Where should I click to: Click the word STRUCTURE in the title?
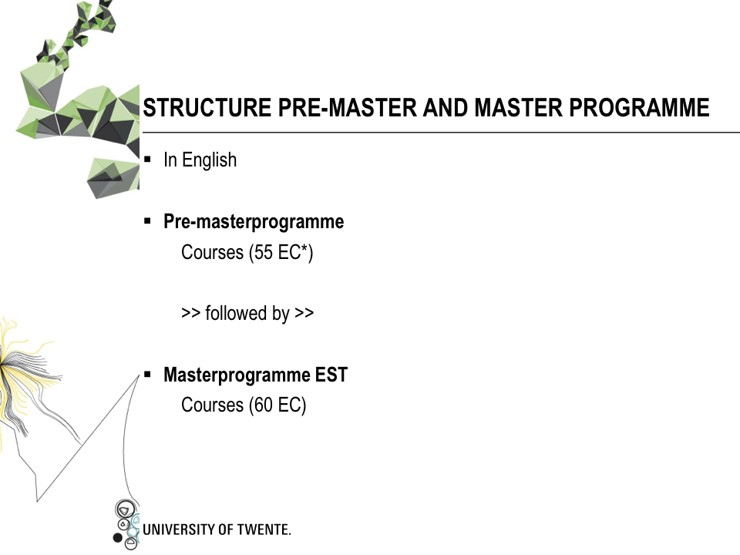click(x=207, y=108)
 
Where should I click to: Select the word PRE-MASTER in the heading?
click(x=348, y=108)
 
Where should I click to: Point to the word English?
click(x=210, y=160)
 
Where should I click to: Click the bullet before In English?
click(x=148, y=159)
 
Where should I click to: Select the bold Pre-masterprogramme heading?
click(x=254, y=222)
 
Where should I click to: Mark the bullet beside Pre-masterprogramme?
click(x=148, y=220)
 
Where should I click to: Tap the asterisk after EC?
click(x=305, y=247)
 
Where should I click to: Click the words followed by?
click(x=247, y=314)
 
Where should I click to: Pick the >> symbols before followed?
click(x=190, y=313)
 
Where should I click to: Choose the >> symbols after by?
click(x=304, y=313)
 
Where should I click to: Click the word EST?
click(x=331, y=375)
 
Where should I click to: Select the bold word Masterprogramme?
click(x=237, y=375)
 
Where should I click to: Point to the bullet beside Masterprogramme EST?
click(x=148, y=375)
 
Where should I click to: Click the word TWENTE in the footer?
click(x=264, y=530)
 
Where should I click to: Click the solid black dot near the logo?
click(x=117, y=537)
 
